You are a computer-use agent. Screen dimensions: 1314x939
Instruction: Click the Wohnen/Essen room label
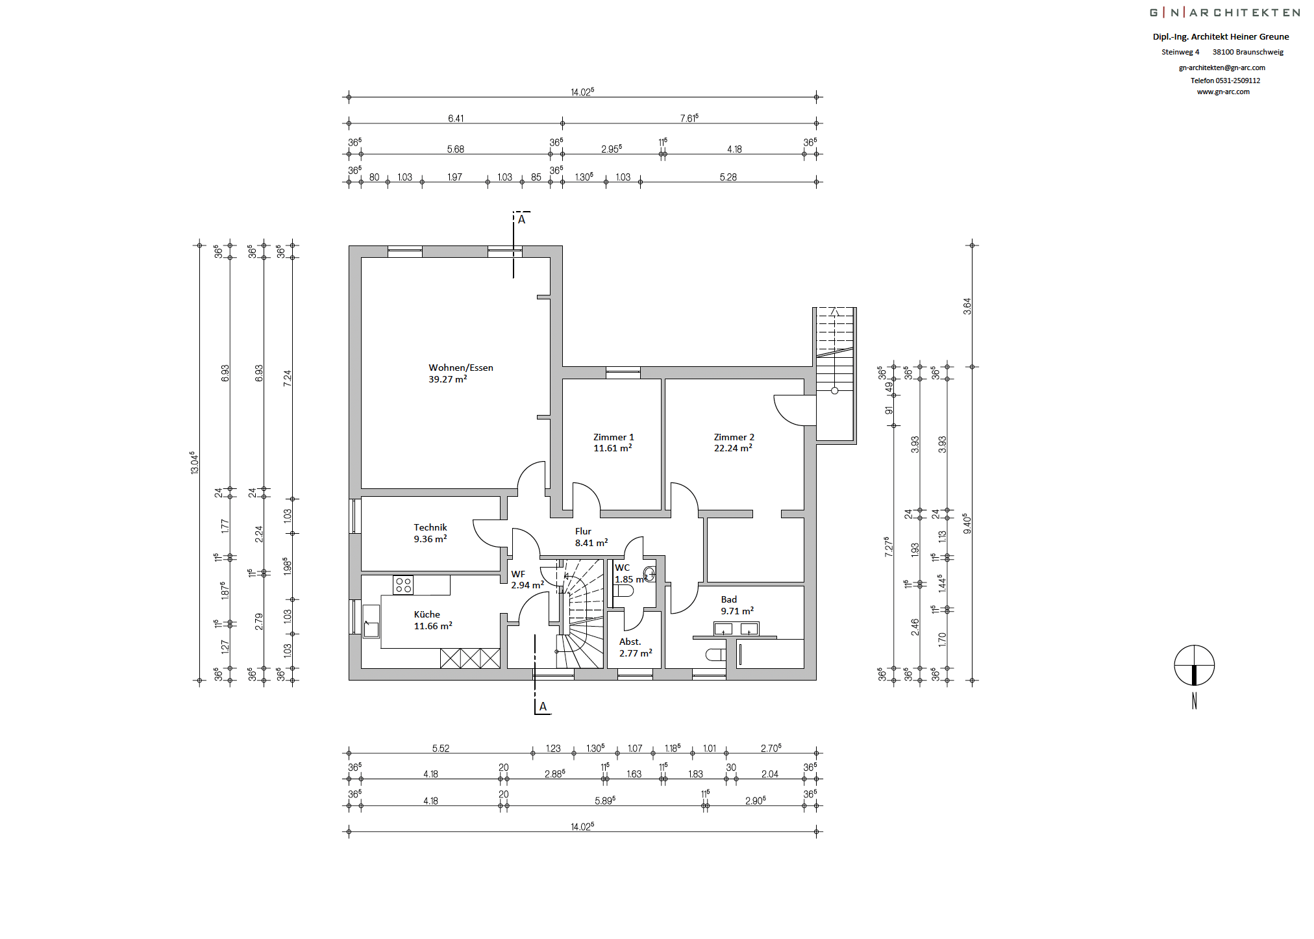461,368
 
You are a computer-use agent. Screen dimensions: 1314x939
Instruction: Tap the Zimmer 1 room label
614,437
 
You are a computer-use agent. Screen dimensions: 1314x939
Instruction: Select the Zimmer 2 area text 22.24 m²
733,448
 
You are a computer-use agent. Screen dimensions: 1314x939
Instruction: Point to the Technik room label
430,527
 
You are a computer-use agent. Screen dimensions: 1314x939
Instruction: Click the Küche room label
427,614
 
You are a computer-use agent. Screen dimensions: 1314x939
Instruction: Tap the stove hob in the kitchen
403,585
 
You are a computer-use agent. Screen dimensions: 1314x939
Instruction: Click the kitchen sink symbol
371,621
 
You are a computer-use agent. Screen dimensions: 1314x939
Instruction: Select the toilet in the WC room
624,591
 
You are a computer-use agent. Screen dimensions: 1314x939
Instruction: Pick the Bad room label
729,599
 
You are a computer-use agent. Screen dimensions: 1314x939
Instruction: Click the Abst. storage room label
630,642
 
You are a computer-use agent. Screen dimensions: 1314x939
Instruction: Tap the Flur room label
583,531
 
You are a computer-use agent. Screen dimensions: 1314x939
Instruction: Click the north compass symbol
1195,666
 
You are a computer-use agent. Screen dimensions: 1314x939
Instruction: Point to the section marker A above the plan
521,219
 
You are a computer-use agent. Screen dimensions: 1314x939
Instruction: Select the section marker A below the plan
543,707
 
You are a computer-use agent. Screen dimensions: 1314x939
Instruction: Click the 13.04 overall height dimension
193,462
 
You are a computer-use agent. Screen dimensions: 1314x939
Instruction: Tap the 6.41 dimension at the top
456,118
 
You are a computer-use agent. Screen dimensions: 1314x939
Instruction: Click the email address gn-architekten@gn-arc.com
1222,68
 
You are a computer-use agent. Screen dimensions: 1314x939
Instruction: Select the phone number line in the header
1225,81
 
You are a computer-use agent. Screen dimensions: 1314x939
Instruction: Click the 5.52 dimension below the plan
441,748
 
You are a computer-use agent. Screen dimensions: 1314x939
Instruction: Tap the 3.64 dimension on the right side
967,307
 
